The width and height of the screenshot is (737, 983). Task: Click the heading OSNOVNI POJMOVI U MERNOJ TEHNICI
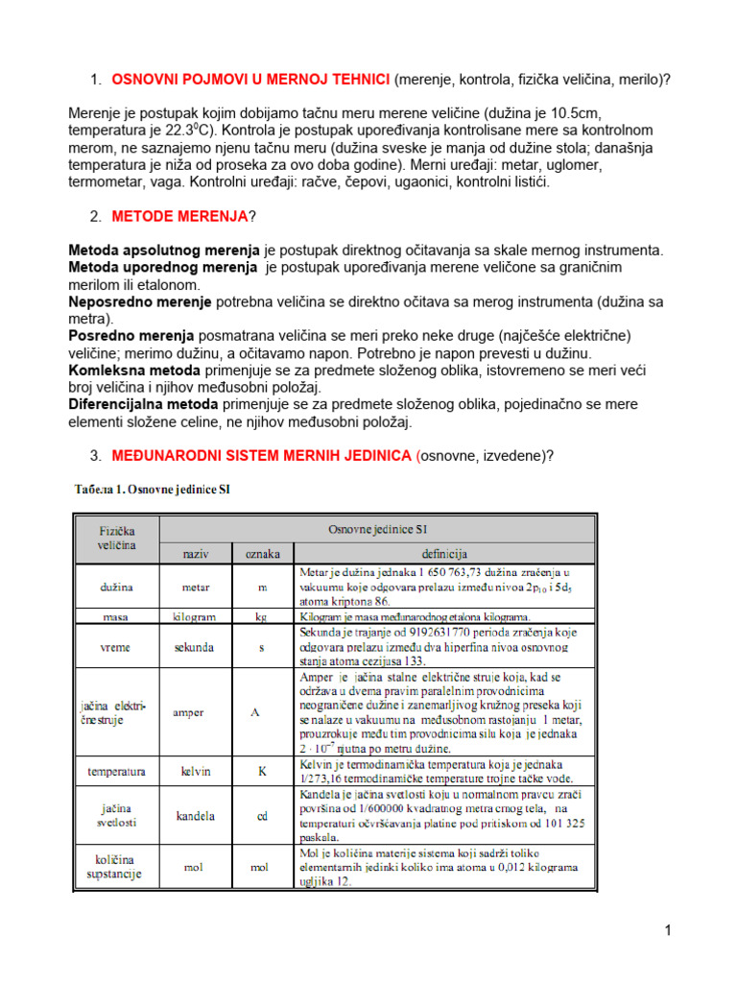250,80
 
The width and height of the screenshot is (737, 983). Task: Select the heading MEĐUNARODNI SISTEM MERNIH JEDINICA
262,455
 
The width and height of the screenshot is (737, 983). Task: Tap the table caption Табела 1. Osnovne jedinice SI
153,490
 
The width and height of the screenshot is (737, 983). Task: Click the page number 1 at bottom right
668,930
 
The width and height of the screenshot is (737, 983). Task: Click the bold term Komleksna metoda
134,370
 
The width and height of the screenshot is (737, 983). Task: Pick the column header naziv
196,554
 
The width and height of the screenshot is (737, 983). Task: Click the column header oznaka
261,554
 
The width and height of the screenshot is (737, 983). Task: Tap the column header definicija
442,554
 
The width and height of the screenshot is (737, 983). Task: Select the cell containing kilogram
196,616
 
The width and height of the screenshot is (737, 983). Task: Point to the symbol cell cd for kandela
261,816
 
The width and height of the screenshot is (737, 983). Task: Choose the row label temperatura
117,771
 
